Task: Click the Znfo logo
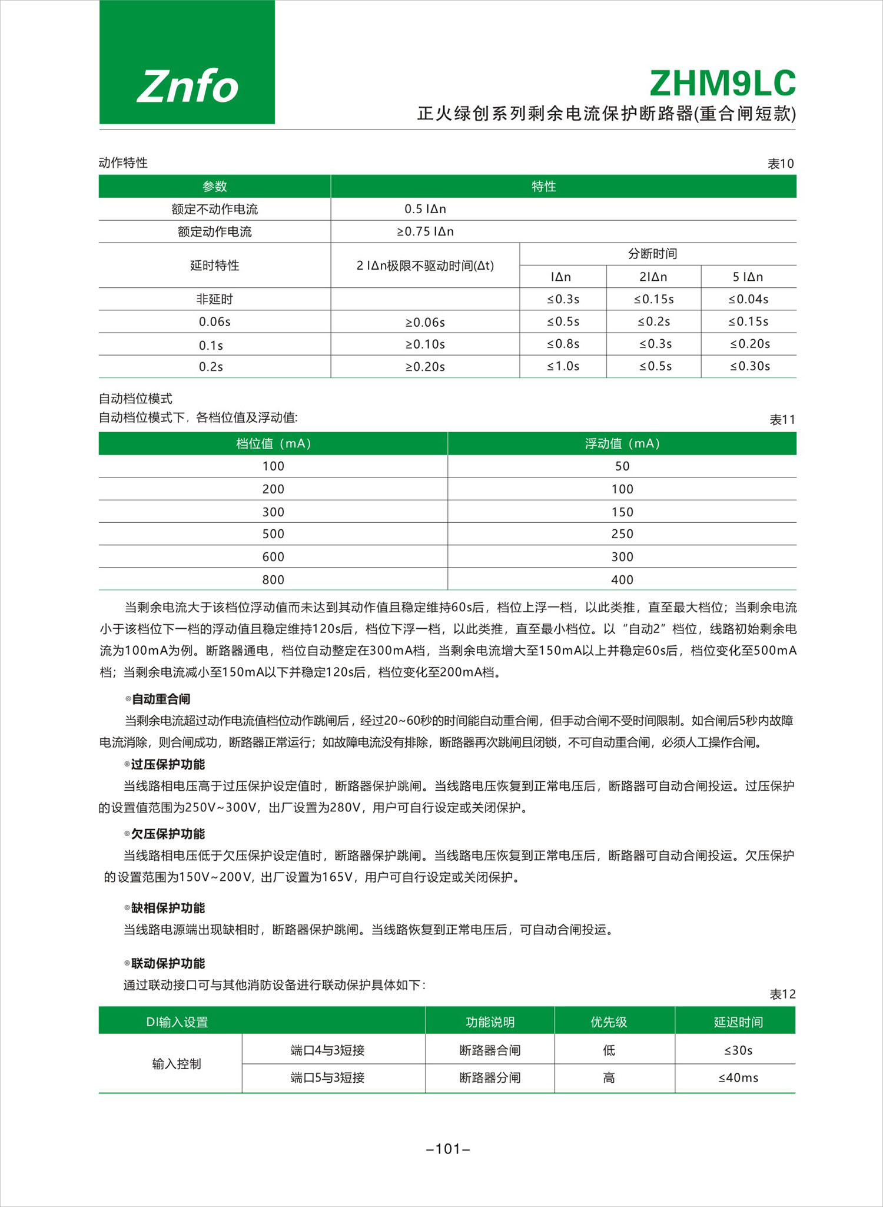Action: pyautogui.click(x=187, y=86)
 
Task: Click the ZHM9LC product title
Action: pyautogui.click(x=722, y=84)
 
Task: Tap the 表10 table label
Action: pyautogui.click(x=781, y=164)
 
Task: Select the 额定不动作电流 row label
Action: pyautogui.click(x=214, y=209)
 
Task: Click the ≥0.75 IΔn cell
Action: pyautogui.click(x=425, y=231)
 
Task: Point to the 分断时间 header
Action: pyautogui.click(x=652, y=254)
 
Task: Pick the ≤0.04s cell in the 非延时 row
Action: pyautogui.click(x=748, y=299)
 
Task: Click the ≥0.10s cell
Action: pyautogui.click(x=425, y=344)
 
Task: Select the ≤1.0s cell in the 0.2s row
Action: pyautogui.click(x=563, y=366)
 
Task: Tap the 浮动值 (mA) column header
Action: pyautogui.click(x=622, y=443)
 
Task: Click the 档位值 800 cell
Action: pyautogui.click(x=273, y=579)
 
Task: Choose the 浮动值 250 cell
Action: pyautogui.click(x=622, y=534)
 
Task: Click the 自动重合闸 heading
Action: pyautogui.click(x=161, y=699)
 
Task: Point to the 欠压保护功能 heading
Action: pyautogui.click(x=168, y=834)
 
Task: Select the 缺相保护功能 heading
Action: pyautogui.click(x=168, y=908)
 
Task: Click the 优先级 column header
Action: pyautogui.click(x=609, y=1022)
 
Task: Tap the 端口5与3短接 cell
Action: pyautogui.click(x=327, y=1077)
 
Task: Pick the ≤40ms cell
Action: pyautogui.click(x=738, y=1077)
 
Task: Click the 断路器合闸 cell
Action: pyautogui.click(x=490, y=1050)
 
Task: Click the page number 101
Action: pyautogui.click(x=448, y=1149)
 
